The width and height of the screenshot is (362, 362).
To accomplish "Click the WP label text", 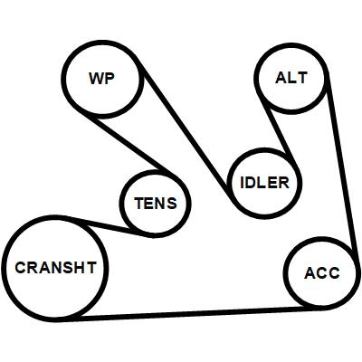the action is (101, 79).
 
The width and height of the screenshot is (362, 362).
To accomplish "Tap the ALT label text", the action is (291, 78).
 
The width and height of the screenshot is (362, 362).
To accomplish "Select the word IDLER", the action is (264, 183).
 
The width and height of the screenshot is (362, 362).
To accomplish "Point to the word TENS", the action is (156, 203).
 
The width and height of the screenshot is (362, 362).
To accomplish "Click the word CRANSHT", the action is (56, 268).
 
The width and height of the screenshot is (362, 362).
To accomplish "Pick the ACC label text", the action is (322, 273).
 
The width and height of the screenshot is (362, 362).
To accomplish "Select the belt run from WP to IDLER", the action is (186, 133).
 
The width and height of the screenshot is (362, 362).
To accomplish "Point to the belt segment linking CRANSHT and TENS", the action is (106, 226).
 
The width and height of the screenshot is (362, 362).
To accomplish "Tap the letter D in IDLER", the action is (252, 183).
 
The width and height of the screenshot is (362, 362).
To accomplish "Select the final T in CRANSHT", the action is (90, 268).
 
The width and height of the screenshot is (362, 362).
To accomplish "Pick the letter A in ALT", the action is (281, 78).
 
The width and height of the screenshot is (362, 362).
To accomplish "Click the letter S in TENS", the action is (172, 203).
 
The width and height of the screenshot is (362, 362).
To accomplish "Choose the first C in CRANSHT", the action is (21, 268).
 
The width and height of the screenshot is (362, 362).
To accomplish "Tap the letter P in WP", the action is (110, 79).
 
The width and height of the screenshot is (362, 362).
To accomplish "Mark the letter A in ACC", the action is (310, 273).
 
